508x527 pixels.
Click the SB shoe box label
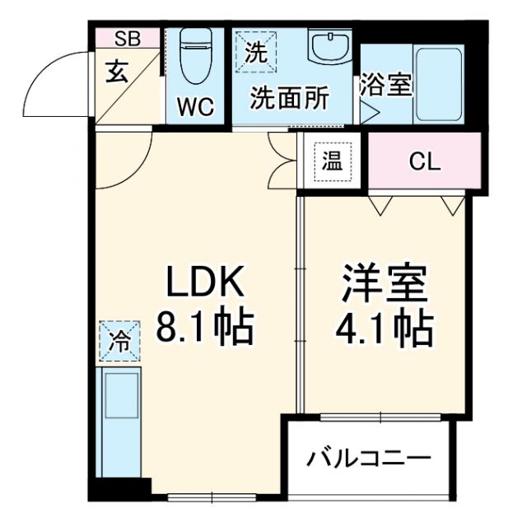(x=127, y=37)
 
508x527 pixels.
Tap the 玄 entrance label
(x=117, y=72)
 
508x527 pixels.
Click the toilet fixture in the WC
(x=195, y=58)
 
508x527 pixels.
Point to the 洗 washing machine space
(x=256, y=54)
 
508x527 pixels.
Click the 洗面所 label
(x=289, y=98)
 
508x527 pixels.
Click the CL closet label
(x=425, y=162)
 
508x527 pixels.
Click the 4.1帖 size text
(x=385, y=329)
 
